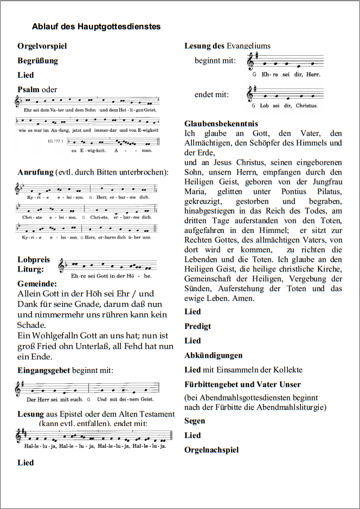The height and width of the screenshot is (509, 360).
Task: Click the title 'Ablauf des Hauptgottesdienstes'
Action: click(96, 26)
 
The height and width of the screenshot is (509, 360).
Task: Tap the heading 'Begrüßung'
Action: click(37, 61)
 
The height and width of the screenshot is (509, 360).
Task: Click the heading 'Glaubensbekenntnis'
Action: click(221, 124)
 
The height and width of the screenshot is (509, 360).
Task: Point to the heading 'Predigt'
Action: click(198, 326)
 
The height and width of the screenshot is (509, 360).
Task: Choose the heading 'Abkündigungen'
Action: click(213, 356)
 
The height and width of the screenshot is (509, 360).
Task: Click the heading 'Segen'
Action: click(195, 421)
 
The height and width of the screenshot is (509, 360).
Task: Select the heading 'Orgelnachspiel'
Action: click(211, 450)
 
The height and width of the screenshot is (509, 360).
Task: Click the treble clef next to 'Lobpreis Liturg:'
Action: click(62, 265)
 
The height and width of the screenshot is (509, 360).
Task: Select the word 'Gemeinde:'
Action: click(37, 284)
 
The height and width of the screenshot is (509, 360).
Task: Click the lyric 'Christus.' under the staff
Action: click(307, 105)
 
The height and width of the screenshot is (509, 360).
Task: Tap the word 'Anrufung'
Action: click(35, 172)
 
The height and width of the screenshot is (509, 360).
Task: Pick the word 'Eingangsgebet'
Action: click(43, 371)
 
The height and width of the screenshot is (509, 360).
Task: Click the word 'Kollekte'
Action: click(302, 370)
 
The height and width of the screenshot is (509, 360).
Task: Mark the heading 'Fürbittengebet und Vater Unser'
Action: click(242, 385)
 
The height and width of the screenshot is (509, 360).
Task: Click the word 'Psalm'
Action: click(28, 89)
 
